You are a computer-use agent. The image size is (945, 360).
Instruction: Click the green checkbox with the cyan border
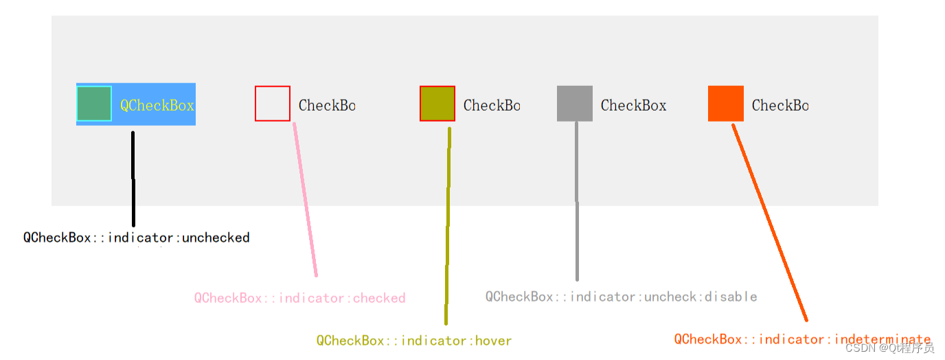tap(94, 104)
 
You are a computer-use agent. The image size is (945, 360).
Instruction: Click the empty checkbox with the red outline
tap(273, 104)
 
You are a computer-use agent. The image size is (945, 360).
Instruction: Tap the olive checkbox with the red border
tap(437, 104)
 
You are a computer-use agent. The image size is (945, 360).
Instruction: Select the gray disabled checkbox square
tap(575, 104)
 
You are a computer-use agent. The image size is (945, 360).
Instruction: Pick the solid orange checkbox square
tap(726, 104)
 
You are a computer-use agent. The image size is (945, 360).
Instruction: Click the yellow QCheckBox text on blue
tap(157, 105)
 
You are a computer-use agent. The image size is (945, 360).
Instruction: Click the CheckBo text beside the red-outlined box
tap(327, 105)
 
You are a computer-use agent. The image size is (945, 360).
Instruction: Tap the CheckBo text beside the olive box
tap(492, 105)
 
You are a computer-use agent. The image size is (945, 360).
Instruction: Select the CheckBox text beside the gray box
tap(633, 105)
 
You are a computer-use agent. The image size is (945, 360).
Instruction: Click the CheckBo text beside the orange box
tap(780, 105)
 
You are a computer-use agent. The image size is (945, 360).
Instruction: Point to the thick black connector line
tap(133, 179)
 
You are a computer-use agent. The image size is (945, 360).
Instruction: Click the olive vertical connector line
tap(448, 227)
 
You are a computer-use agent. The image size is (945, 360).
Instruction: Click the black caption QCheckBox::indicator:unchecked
tap(137, 238)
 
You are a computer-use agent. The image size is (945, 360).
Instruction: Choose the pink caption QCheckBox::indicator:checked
tap(299, 298)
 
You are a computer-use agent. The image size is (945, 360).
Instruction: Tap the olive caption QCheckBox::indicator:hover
tap(414, 341)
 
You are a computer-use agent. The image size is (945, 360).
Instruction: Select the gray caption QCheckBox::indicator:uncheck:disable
tap(621, 297)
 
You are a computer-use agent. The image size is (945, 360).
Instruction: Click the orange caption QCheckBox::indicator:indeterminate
tap(802, 339)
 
